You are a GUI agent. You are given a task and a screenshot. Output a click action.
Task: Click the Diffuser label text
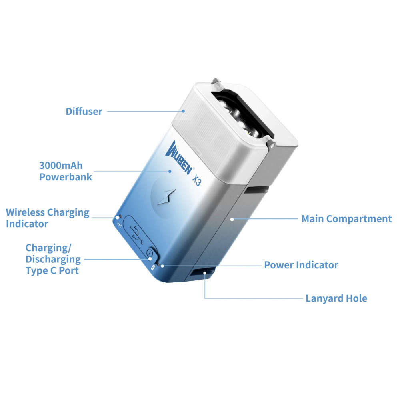point(84,112)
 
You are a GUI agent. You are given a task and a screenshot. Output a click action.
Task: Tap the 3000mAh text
point(61,166)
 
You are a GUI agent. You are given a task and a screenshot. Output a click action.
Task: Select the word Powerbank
point(66,177)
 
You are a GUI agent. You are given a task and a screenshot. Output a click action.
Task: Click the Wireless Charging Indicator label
point(48,218)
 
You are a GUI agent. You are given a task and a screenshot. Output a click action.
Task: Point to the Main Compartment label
point(346,219)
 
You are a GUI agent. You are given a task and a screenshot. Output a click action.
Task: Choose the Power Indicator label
point(301,265)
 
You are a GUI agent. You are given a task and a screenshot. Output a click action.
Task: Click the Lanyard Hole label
point(336,298)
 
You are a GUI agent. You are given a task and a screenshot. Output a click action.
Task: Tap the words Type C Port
point(52,271)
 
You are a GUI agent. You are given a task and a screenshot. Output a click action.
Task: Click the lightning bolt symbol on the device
point(166,197)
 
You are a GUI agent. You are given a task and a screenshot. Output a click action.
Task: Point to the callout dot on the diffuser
point(183,111)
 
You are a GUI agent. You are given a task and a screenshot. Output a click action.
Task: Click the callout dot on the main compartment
point(232,219)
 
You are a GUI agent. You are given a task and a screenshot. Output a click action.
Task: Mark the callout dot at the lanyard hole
point(205,273)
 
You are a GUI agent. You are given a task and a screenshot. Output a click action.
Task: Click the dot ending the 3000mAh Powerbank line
point(170,172)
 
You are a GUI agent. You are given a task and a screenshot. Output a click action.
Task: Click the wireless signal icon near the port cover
point(119,224)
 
